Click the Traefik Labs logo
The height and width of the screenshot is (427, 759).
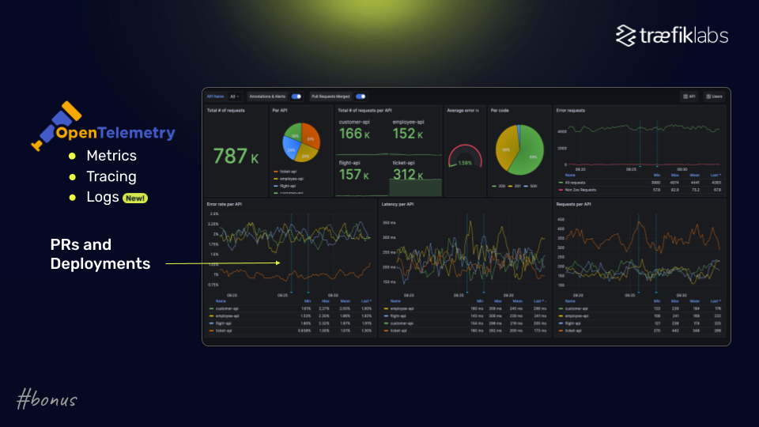point(672,36)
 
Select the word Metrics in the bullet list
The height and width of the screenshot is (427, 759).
point(111,156)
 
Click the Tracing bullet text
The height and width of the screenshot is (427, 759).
point(111,176)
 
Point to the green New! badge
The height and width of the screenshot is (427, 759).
point(135,198)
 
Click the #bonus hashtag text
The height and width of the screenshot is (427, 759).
point(47,400)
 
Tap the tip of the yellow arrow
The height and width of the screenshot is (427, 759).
point(279,263)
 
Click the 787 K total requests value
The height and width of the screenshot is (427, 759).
point(236,157)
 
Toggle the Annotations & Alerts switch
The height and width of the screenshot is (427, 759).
point(296,96)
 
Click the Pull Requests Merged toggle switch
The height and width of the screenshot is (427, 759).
point(361,96)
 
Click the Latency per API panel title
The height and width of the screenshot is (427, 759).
point(399,205)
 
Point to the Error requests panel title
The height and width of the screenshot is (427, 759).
point(570,111)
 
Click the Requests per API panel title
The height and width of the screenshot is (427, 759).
point(575,205)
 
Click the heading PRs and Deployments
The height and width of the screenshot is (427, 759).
point(100,254)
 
